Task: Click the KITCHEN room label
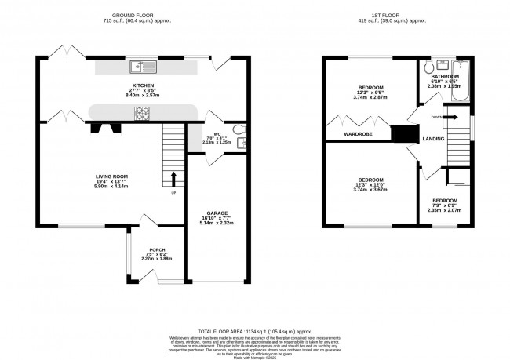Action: tap(142, 85)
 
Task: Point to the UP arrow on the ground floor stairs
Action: tap(174, 179)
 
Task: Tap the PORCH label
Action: tap(155, 250)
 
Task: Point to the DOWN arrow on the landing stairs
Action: tap(451, 117)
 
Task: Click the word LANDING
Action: tap(432, 139)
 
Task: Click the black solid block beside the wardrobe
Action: tap(403, 134)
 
